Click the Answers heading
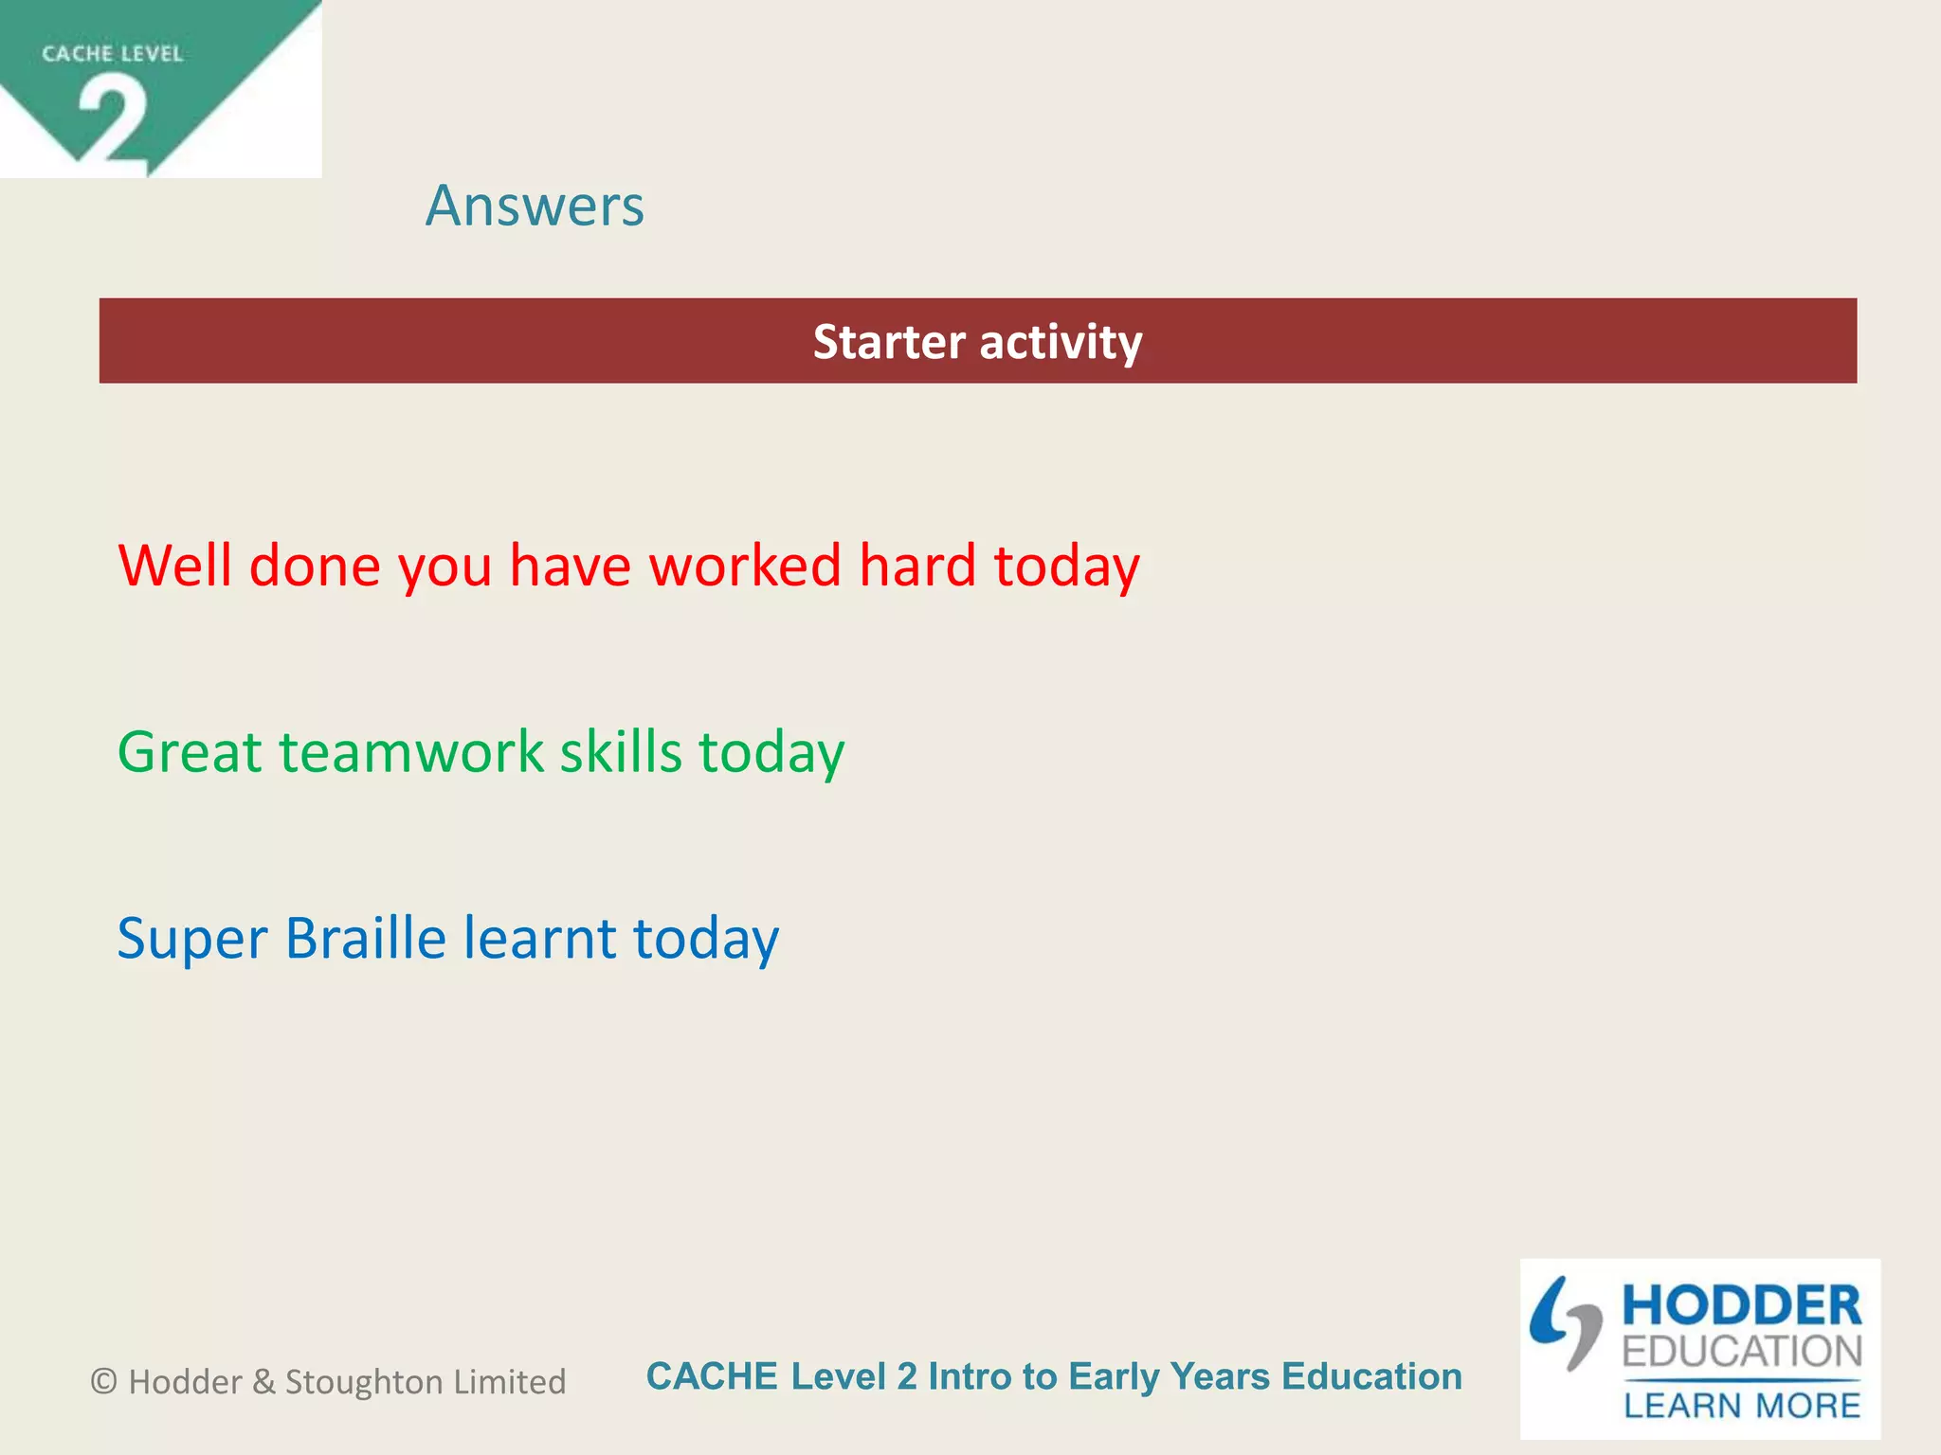pyautogui.click(x=535, y=206)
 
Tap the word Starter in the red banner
pyautogui.click(x=889, y=342)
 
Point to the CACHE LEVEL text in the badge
pyautogui.click(x=112, y=54)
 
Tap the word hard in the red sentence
pyautogui.click(x=917, y=566)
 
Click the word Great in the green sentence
pyautogui.click(x=190, y=752)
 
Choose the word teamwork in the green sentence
pyautogui.click(x=411, y=752)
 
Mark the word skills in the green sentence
pyautogui.click(x=621, y=752)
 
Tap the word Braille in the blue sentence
pyautogui.click(x=365, y=938)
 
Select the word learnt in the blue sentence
pyautogui.click(x=539, y=938)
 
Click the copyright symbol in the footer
pyautogui.click(x=104, y=1382)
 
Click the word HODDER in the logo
pyautogui.click(x=1742, y=1306)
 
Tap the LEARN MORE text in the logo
pyautogui.click(x=1742, y=1405)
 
